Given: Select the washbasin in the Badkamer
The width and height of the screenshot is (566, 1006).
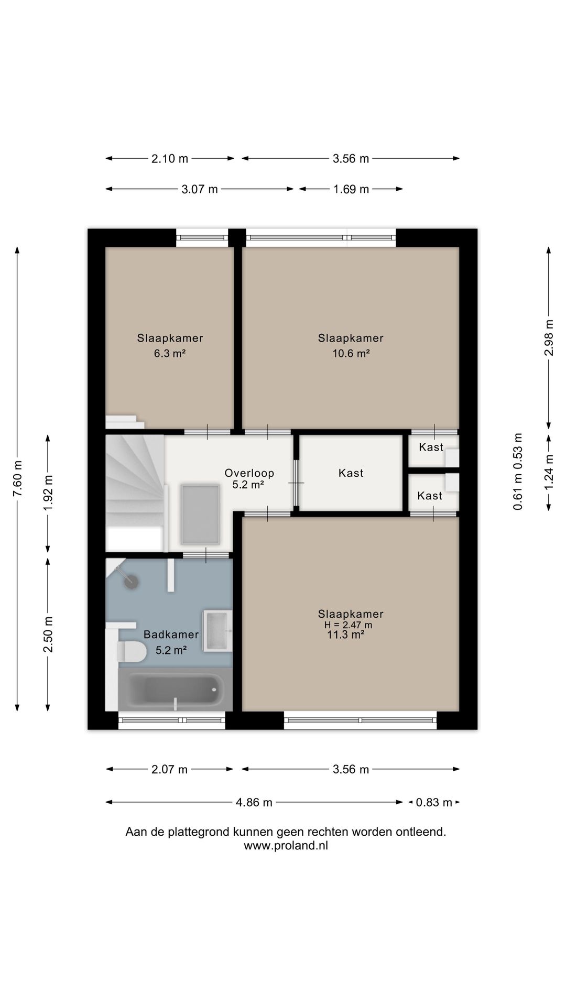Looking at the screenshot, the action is coord(217,630).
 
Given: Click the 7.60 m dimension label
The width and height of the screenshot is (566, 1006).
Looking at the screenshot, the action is coord(17,480).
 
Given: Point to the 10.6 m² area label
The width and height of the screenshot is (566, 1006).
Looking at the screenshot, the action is coord(351,353).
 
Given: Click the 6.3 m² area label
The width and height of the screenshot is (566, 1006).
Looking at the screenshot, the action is coord(170,353).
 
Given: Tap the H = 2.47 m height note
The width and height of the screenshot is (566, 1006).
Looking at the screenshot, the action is coord(348,625).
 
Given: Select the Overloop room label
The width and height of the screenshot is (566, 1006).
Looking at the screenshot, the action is coord(249,473).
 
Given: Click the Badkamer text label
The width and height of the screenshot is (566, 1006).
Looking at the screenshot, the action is coord(171,635).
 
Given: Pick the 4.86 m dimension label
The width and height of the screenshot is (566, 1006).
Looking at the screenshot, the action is coord(254,802).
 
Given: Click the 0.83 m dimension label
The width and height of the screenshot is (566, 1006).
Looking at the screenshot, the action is coord(434,802).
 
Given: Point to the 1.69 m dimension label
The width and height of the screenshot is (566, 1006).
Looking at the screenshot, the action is coord(351,189).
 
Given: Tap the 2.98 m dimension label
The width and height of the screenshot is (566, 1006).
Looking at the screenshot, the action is coord(549,337).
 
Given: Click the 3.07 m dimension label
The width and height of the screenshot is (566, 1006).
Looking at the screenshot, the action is coord(200,189).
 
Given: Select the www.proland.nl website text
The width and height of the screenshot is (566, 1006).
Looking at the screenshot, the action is coord(286,845).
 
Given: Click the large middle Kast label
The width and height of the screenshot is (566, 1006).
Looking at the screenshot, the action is coord(351,473).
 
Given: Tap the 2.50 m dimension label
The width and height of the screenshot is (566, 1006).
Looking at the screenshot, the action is coord(48,635).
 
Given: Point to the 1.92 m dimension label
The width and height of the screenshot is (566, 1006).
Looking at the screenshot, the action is coord(48,493).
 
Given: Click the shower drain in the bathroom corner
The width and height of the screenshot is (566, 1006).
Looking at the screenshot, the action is coord(132,582).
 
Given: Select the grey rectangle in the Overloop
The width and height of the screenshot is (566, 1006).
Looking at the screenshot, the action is coord(200,515).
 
